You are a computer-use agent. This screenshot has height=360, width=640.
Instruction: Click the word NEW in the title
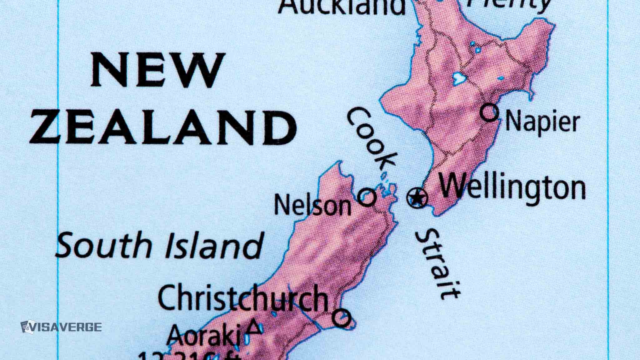click(158, 71)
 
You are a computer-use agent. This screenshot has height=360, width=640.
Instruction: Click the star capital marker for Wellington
click(417, 198)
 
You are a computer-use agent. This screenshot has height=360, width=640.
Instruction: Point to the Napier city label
click(542, 122)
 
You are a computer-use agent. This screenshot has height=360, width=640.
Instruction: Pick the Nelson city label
click(312, 205)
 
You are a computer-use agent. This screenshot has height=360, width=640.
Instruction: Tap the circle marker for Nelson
click(367, 197)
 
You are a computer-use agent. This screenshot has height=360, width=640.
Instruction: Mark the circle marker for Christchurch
click(341, 317)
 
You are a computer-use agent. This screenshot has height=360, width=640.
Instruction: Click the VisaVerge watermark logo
click(61, 327)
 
